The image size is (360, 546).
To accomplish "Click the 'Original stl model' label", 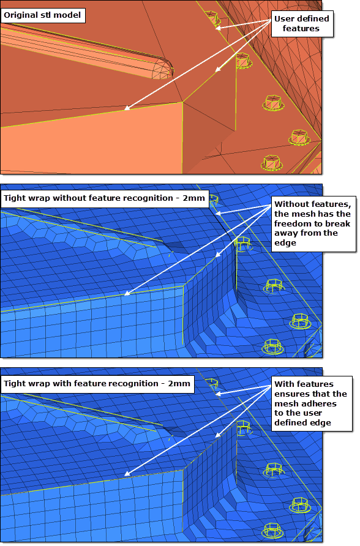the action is click(x=42, y=15).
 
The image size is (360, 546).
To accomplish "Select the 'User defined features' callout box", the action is click(x=301, y=24).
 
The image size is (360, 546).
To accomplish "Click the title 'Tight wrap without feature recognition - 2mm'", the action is click(x=104, y=198).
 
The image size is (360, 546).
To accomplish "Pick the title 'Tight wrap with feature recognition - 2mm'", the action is click(x=97, y=384).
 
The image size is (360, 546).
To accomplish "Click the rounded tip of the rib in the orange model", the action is click(x=171, y=70).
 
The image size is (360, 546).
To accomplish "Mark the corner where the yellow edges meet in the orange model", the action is click(x=183, y=102).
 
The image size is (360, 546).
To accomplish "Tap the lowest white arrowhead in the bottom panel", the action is click(x=127, y=474).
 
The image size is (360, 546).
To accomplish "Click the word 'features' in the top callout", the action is click(x=301, y=29).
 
